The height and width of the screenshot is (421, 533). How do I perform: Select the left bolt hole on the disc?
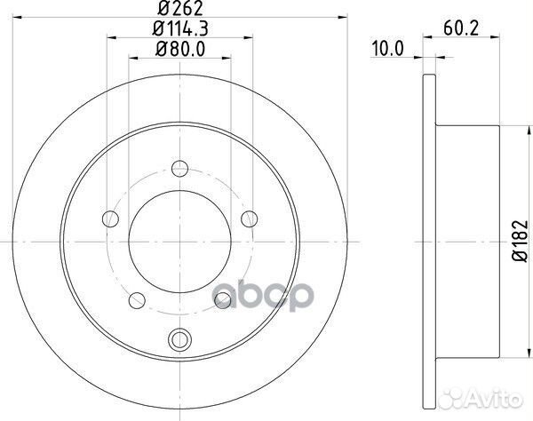tap(111, 216)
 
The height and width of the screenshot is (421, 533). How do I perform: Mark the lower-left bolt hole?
tap(137, 302)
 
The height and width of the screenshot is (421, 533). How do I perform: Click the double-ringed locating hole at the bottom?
tap(179, 338)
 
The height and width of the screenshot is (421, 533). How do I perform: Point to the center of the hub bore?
tap(179, 240)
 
